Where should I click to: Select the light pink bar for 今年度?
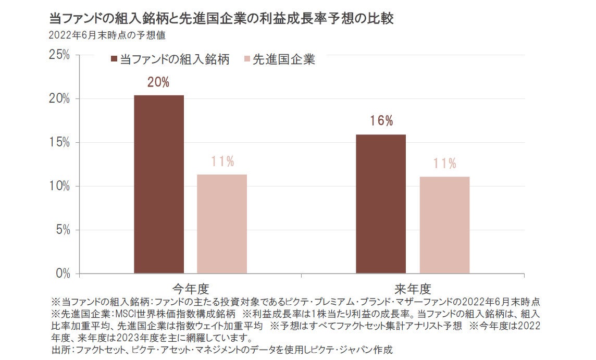222,224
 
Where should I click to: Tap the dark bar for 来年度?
381,204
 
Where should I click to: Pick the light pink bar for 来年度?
444,225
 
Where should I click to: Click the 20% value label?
158,83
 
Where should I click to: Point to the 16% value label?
381,121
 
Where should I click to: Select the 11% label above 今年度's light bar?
222,162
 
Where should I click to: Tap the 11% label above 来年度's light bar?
444,164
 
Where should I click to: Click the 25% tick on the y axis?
59,55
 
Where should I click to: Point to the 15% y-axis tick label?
59,143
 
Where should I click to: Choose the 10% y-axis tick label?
59,187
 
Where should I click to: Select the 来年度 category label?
413,288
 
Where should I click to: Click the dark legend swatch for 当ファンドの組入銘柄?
114,59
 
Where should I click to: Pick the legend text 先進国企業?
284,59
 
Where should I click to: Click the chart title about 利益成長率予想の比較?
221,19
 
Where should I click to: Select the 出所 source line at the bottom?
221,349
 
